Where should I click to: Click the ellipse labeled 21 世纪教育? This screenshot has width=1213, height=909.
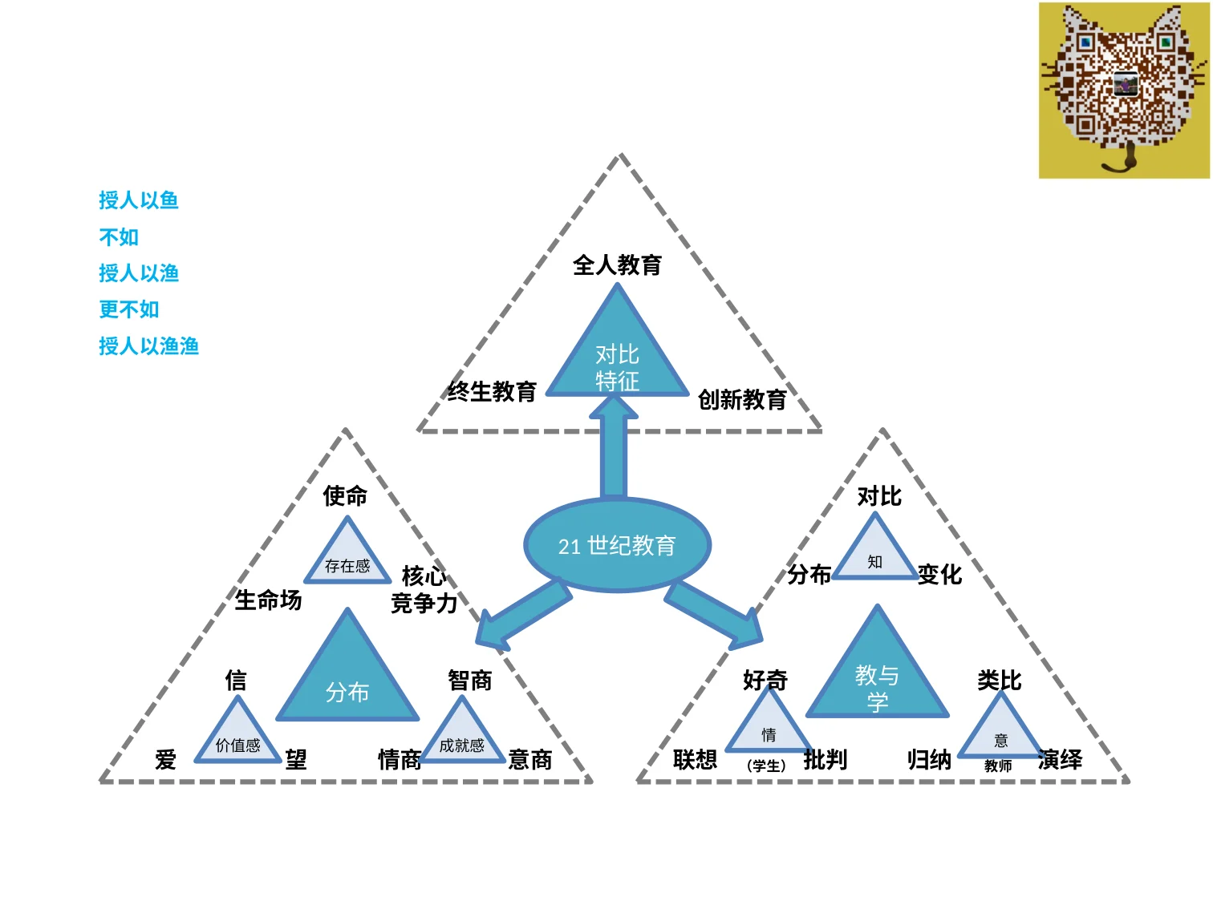tap(617, 545)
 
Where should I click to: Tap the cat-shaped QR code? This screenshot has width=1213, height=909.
tap(1123, 90)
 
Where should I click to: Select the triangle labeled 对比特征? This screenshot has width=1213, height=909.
tap(617, 353)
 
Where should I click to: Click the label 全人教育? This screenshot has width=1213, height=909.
tap(617, 265)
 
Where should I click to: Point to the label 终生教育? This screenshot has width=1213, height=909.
tap(491, 391)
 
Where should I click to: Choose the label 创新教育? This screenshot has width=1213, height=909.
tap(741, 399)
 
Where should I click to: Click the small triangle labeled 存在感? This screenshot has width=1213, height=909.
tap(347, 555)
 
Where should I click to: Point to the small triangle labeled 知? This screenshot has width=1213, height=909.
tap(874, 551)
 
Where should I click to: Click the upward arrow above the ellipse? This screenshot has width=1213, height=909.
tap(614, 447)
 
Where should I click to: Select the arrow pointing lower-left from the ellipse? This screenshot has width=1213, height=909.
tap(522, 614)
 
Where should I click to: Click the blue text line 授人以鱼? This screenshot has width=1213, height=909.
tap(139, 200)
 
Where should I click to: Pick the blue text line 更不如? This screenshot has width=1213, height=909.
tap(128, 309)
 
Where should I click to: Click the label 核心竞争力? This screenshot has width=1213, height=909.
tap(424, 589)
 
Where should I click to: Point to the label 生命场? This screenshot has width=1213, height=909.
tap(268, 600)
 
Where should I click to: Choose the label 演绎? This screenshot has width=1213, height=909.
tap(1060, 759)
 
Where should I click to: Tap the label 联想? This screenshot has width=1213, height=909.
tap(695, 759)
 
